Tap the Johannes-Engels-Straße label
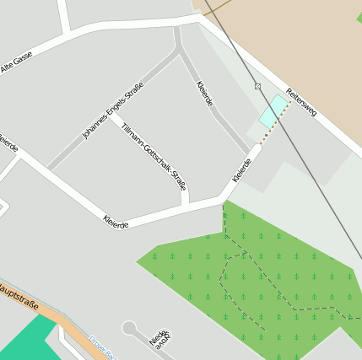(113, 110)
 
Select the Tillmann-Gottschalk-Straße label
(154, 157)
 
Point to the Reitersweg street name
(300, 102)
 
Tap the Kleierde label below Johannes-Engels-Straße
(116, 223)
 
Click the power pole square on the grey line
(257, 86)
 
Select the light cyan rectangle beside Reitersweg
(272, 111)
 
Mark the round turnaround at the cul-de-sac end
(129, 327)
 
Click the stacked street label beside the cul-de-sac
(159, 339)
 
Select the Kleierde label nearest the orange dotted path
(242, 169)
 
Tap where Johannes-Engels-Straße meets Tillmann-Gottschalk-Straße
(178, 51)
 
